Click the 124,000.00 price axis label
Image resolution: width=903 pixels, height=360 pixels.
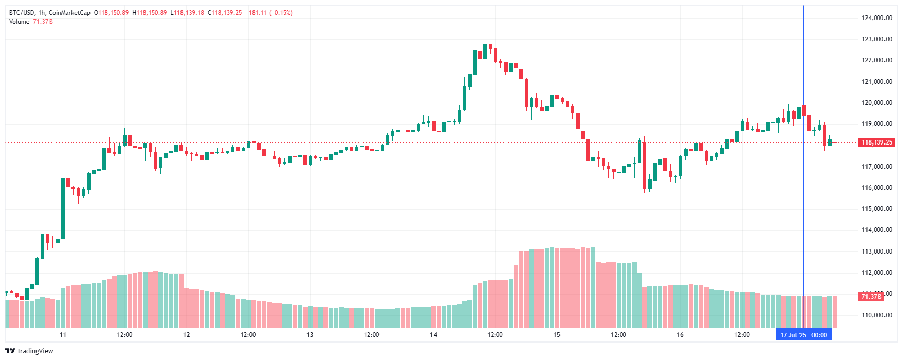[x=877, y=18]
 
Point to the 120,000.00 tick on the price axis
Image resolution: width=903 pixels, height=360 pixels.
[x=877, y=103]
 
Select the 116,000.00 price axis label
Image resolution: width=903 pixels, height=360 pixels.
[x=877, y=188]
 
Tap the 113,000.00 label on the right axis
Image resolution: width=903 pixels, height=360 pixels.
[x=877, y=251]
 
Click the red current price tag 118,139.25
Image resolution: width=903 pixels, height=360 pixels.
[x=877, y=142]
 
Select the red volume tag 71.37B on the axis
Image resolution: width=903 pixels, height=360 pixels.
[x=872, y=296]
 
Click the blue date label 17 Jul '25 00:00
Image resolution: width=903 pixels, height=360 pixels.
[x=803, y=335]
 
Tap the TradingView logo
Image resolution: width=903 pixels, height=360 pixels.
[x=29, y=351]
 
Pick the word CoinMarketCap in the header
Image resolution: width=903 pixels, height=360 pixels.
[x=69, y=13]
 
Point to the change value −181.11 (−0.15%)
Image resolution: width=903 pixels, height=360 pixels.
[x=270, y=13]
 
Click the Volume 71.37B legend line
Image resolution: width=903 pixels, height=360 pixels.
[x=31, y=22]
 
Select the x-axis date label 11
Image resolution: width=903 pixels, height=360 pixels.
[x=63, y=335]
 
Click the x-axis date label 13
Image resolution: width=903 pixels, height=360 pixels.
[x=310, y=335]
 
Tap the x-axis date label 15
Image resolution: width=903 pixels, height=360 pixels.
[x=556, y=335]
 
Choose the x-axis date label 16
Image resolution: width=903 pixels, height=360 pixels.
[x=680, y=335]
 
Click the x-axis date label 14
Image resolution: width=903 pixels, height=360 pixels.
[x=434, y=335]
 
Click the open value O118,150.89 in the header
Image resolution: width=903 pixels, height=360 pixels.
[x=111, y=13]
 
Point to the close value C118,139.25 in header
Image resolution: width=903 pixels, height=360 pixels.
[x=225, y=13]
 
